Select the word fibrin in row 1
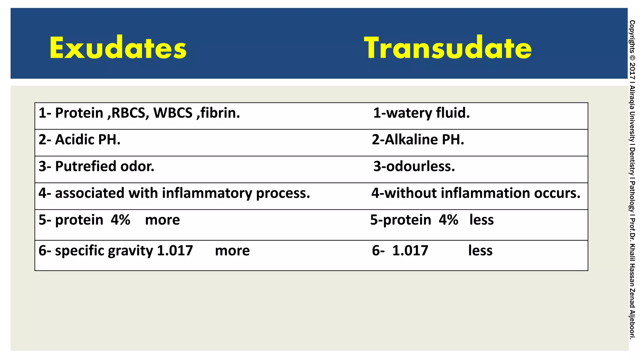(x=220, y=113)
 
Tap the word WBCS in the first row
(x=173, y=113)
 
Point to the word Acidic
(x=74, y=140)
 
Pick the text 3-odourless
(x=414, y=166)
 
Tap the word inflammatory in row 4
(x=207, y=193)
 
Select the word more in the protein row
(x=162, y=220)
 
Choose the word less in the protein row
(x=482, y=220)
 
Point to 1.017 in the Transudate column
(x=410, y=251)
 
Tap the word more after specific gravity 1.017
(x=232, y=251)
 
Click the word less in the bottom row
(x=480, y=251)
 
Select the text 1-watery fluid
(x=422, y=113)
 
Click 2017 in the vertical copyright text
(x=632, y=71)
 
